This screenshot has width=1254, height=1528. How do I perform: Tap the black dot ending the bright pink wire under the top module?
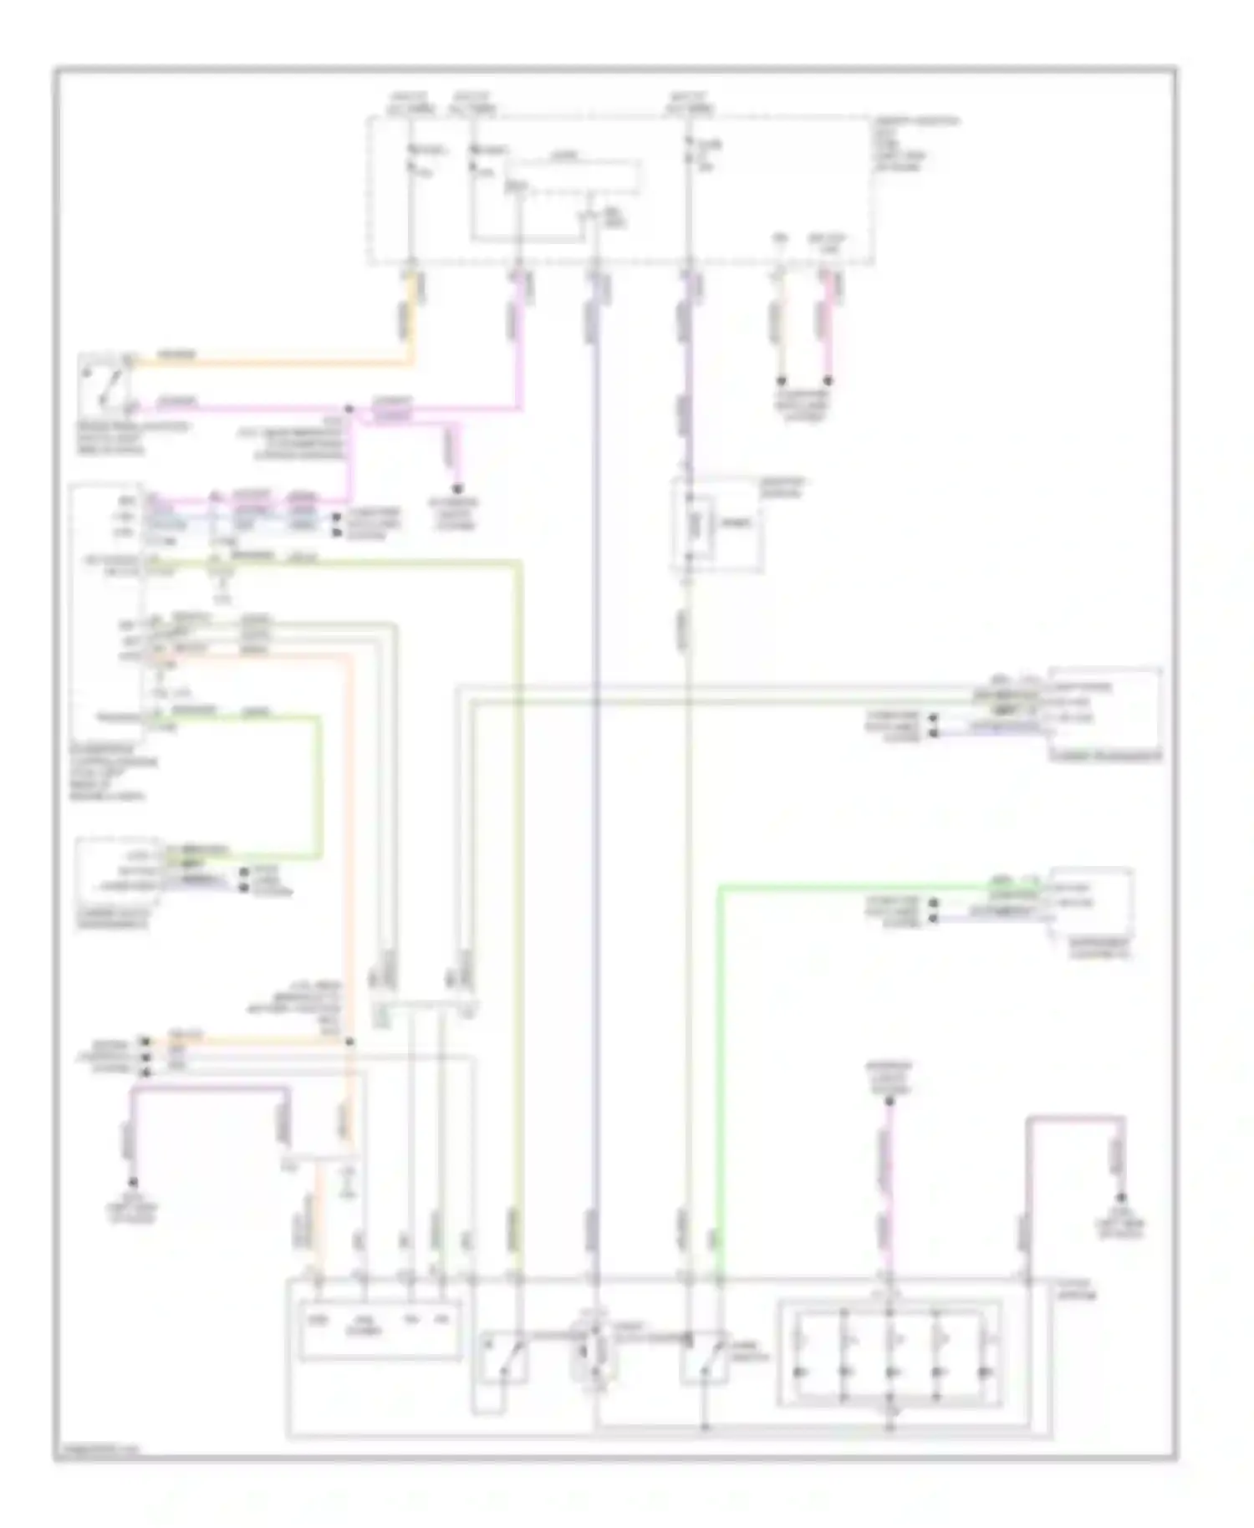coord(828,380)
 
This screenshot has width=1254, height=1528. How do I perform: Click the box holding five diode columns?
coord(890,1352)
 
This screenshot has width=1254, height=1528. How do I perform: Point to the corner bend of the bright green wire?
coord(721,888)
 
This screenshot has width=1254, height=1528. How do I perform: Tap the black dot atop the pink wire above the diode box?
coord(890,1101)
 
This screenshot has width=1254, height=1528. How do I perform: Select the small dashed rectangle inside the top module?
coord(575,178)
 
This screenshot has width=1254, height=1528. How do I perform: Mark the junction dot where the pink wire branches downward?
coord(351,410)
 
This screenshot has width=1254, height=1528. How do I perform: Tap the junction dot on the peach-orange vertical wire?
coord(349,1042)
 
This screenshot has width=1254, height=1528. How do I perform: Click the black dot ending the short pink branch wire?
coord(457,489)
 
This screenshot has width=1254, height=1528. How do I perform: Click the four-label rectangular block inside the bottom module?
coord(379,1330)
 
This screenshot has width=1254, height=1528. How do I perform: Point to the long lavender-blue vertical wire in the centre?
coord(596,752)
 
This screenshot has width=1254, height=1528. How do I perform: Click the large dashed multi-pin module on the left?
coord(109,610)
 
